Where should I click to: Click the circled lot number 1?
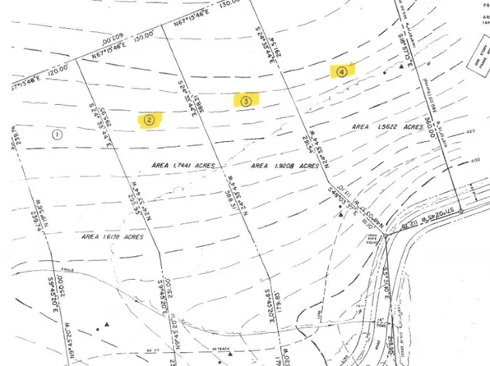pyautogui.click(x=57, y=133)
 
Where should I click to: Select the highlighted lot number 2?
pyautogui.click(x=149, y=118)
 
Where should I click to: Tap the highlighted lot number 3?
pyautogui.click(x=246, y=100)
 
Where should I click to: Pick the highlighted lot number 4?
pyautogui.click(x=341, y=71)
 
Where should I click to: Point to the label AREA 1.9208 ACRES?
pyautogui.click(x=284, y=166)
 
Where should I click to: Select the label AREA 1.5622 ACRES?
pyautogui.click(x=386, y=128)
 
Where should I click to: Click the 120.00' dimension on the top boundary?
pyautogui.click(x=58, y=72)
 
